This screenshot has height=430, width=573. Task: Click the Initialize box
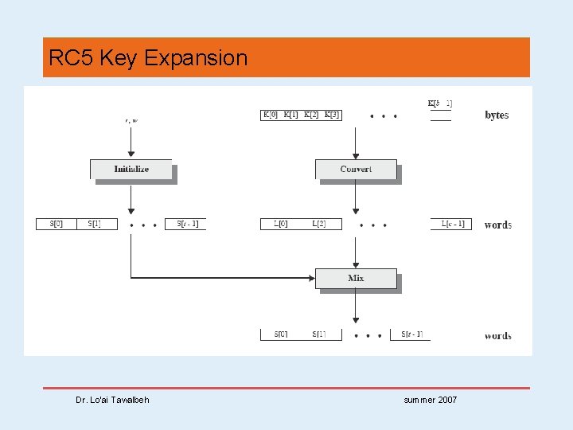coord(131,169)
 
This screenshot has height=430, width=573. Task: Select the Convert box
coord(356,169)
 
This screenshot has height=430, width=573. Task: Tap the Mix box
coord(356,278)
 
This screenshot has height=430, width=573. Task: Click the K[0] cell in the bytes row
coord(271,115)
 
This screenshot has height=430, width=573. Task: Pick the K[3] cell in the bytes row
coord(332,115)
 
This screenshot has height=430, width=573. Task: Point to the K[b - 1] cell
coord(440,104)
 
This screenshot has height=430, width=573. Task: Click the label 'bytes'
coord(497,115)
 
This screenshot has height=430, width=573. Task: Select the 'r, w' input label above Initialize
coord(131,120)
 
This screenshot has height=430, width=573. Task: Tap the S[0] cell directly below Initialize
coord(57,224)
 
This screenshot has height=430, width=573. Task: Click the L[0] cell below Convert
coord(281,224)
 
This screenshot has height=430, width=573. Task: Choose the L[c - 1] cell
coord(453,224)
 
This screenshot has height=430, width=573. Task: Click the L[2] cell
coord(318,224)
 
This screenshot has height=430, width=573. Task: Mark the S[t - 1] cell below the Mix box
coord(412,334)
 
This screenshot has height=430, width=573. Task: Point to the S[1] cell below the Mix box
coord(318,334)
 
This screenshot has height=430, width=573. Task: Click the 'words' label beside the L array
coord(497,225)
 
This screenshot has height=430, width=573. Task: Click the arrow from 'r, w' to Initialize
coord(131,143)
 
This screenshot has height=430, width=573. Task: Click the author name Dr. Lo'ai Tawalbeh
coord(112,400)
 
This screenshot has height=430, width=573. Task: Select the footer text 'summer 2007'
coord(431,400)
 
